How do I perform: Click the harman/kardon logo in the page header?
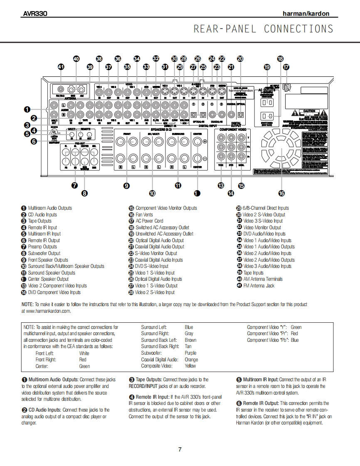[x=306, y=14]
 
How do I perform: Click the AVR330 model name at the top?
[x=35, y=14]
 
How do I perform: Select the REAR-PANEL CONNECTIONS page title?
[x=263, y=29]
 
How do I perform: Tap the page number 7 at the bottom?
[x=180, y=449]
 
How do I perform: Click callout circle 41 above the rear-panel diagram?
[x=61, y=67]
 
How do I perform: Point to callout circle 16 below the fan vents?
[x=281, y=193]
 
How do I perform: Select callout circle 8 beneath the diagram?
[x=84, y=193]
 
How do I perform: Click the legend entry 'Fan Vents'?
[x=144, y=215]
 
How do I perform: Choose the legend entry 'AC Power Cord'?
[x=149, y=221]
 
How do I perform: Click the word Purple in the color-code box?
[x=190, y=353]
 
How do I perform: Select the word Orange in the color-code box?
[x=191, y=360]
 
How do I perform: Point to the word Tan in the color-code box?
[x=188, y=346]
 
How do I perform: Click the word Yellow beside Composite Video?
[x=190, y=366]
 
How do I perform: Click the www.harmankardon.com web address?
[x=46, y=311]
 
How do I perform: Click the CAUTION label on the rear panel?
[x=309, y=111]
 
